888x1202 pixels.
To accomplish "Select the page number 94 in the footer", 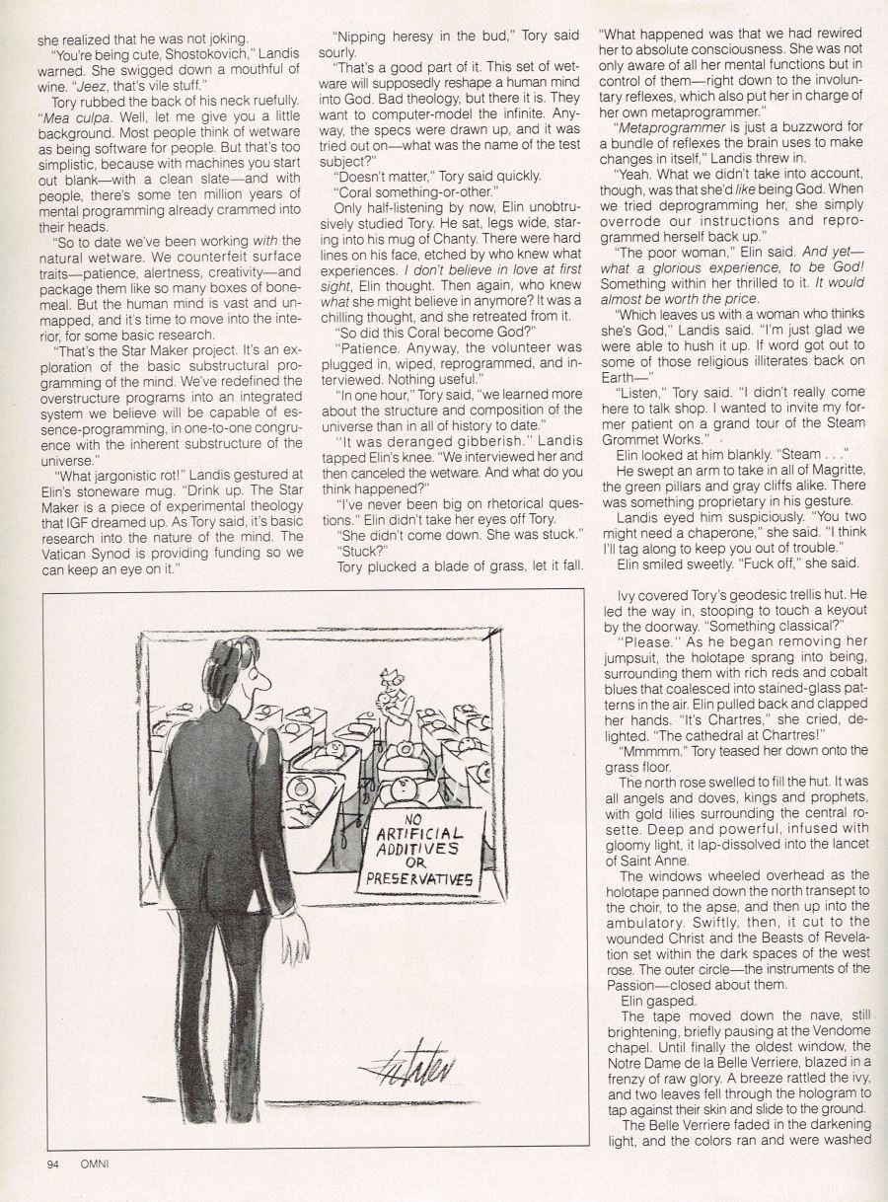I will click(x=54, y=1163).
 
